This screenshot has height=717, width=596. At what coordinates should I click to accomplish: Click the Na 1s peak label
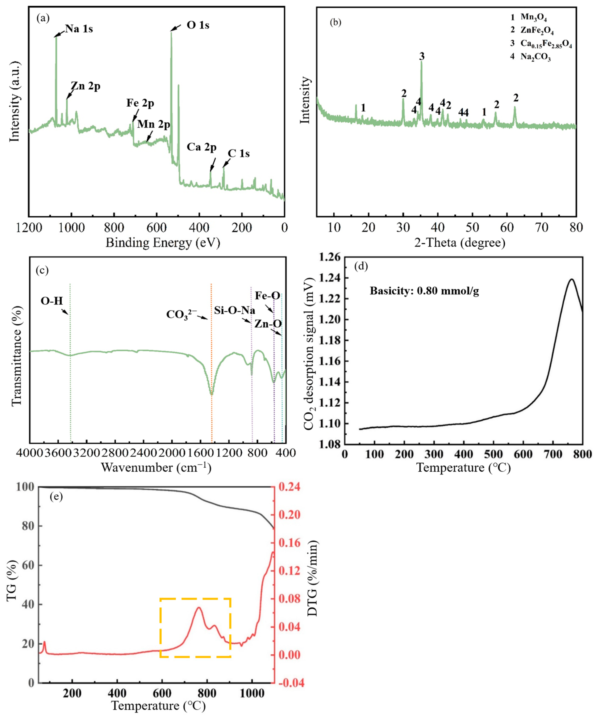coord(79,29)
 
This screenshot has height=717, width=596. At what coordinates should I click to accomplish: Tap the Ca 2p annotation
coord(201,148)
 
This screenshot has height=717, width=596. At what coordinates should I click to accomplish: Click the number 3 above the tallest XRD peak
coord(422,56)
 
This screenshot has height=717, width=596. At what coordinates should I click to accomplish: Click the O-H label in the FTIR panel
coord(52,301)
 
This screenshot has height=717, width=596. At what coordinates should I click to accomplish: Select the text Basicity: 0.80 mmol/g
coord(424,291)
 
